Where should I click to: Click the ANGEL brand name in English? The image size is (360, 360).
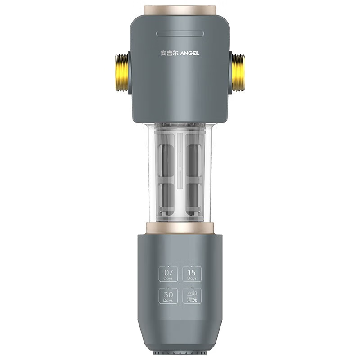coord(189,53)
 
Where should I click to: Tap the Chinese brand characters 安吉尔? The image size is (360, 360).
coord(169,53)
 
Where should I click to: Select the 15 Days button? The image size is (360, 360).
coord(192,274)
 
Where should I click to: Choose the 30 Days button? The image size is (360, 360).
coord(168,296)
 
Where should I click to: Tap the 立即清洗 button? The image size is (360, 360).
coord(192,296)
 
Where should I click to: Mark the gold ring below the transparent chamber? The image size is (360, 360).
coord(180,228)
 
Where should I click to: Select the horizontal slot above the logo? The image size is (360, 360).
coord(180,34)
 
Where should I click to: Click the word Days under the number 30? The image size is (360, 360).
coord(168,300)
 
